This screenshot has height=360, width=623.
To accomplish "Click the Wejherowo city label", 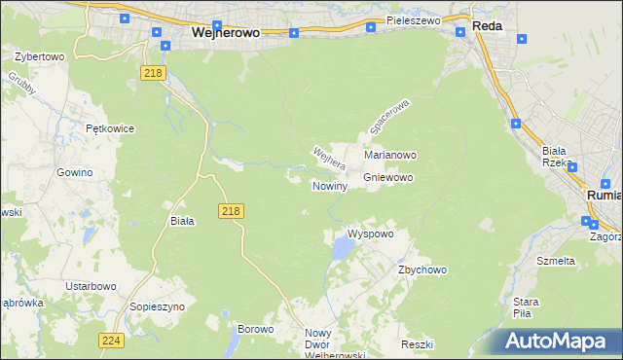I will coord(225,31).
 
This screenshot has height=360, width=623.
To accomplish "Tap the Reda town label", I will coord(487,26).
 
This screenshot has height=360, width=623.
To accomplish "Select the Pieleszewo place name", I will coord(413,19).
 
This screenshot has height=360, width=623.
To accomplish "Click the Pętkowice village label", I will coord(109,127).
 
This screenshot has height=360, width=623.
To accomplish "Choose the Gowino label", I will coord(74,171).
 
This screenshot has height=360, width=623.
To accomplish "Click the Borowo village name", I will coord(254,329).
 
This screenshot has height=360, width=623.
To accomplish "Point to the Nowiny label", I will coord(329,186).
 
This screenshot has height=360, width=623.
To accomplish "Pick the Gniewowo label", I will coord(389,178).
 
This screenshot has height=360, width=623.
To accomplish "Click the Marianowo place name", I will coord(390,155).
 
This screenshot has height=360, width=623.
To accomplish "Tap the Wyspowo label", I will coord(370,234).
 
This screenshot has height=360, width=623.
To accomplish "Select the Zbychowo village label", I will coord(421,270).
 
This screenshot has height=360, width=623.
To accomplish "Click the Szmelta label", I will coord(556,261).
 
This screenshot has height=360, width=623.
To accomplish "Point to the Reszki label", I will coord(416,345).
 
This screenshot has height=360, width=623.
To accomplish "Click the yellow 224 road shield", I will coord(110,340).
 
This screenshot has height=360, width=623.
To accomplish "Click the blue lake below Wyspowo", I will coord(342,251).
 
